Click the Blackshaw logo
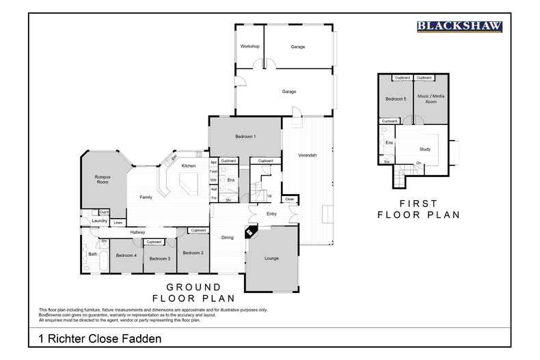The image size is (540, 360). tap(459, 27)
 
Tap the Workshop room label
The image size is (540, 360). tap(249, 46)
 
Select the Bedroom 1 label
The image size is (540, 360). tap(245, 137)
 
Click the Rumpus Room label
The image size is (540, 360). tap(103, 180)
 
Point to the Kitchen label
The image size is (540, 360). tap(189, 166)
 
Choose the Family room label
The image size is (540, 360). tap(146, 197)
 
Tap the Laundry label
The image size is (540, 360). tap(99, 221)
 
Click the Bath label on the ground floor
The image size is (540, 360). tap(92, 254)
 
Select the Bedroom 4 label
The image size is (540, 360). tap(126, 255)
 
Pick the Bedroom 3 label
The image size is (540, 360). tap(159, 258)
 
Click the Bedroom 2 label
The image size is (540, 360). tap(193, 253)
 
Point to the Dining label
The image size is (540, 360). tap(227, 237)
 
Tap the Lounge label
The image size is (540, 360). tap(271, 258)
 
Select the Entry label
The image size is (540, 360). tap(271, 214)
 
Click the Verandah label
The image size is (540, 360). tap(308, 155)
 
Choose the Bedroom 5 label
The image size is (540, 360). tap(395, 99)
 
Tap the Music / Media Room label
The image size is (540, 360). tap(431, 99)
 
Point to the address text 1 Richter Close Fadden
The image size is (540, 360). tap(100, 338)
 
